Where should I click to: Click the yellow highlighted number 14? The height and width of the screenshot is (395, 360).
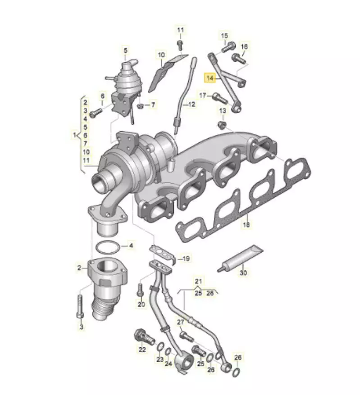point(210,78)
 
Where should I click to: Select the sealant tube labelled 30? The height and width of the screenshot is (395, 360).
point(240,259)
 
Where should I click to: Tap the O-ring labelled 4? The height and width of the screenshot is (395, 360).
point(108,248)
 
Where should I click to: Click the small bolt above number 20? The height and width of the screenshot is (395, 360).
point(140,290)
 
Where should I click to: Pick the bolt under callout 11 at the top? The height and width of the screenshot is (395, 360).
point(180,45)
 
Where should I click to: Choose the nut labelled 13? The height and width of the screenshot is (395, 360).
point(222,125)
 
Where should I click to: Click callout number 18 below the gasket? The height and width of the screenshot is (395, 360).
point(246,224)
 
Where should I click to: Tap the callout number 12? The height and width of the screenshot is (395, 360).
point(191,104)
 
